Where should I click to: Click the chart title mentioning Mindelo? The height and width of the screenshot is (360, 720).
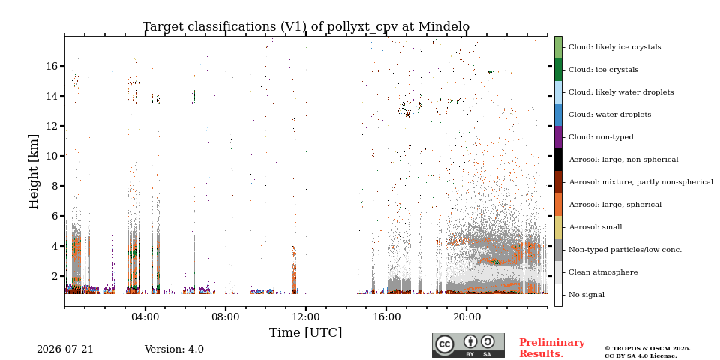(306, 27)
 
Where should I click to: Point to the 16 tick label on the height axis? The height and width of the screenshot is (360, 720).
(52, 66)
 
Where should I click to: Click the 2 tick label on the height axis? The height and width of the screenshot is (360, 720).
(55, 276)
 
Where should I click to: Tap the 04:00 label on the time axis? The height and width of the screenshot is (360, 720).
(145, 316)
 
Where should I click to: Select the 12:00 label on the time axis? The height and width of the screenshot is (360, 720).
(306, 316)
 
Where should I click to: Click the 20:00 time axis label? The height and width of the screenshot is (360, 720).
(466, 316)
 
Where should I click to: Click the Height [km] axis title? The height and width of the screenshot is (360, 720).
(34, 172)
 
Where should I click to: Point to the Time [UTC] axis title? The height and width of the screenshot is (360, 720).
(306, 332)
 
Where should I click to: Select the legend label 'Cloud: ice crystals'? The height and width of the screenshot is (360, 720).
(603, 70)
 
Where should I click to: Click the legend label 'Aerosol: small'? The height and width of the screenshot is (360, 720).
(595, 227)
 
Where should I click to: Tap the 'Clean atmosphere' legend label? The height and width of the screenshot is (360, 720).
(603, 272)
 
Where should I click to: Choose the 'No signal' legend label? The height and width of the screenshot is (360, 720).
(586, 295)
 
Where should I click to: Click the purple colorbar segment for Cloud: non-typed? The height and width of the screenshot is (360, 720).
(558, 137)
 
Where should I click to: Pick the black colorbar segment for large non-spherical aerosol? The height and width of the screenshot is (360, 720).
(558, 160)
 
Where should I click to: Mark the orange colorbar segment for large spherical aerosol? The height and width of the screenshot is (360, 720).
(558, 205)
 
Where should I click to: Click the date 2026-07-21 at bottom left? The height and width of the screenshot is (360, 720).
(64, 349)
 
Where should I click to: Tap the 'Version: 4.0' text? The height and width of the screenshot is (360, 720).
(174, 349)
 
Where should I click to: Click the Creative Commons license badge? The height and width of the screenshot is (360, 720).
(468, 345)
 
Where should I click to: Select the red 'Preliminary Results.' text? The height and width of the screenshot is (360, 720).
(552, 348)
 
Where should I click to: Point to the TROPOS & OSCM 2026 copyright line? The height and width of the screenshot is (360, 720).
(647, 349)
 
